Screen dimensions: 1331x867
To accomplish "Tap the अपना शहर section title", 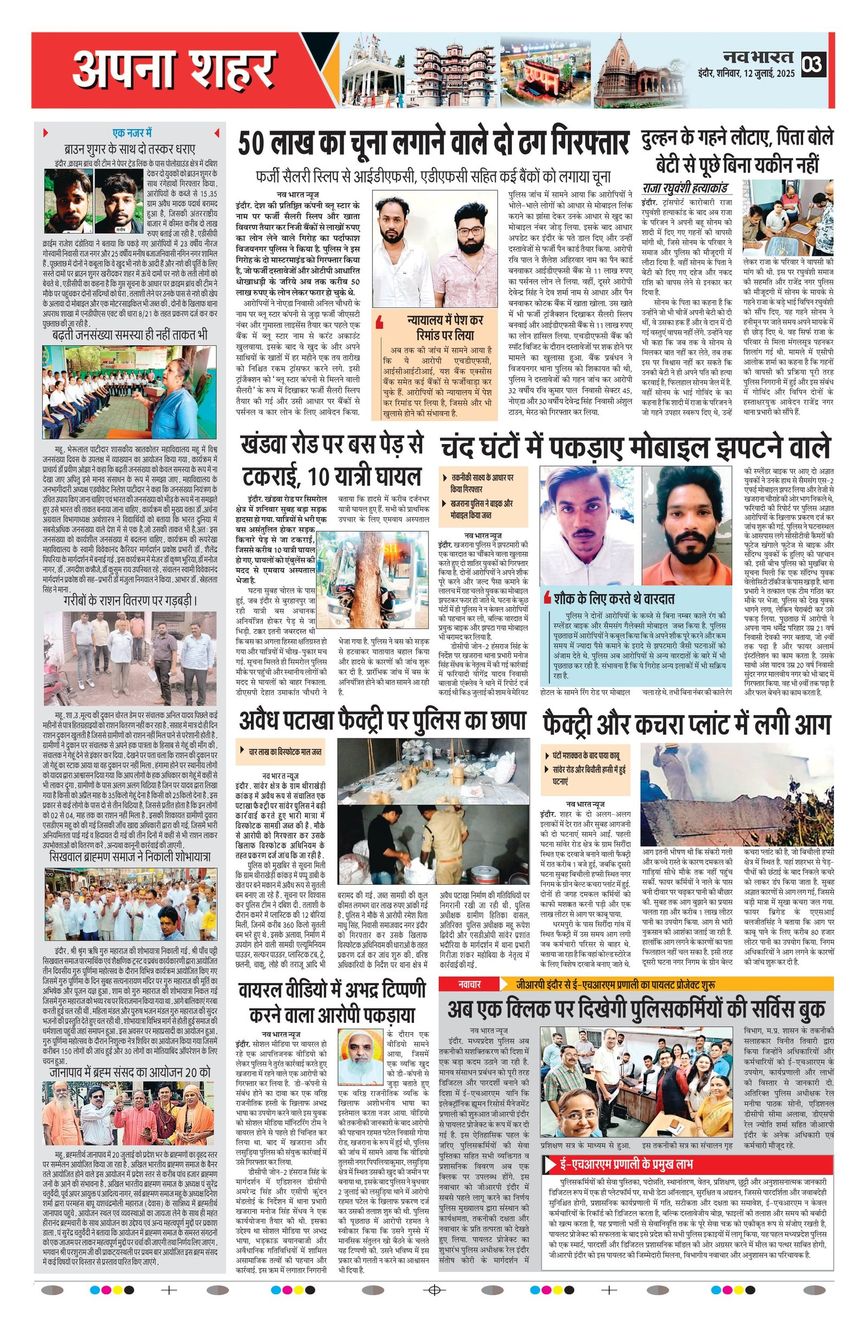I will coord(174,70).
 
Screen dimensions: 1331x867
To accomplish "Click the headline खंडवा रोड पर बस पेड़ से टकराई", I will coord(331,461).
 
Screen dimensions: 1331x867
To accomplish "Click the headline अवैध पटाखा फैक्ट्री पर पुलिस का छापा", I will coord(383,722).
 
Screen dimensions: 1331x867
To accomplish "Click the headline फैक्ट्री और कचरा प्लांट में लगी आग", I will coord(687,725).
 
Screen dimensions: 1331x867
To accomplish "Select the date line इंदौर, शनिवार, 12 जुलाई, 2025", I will coord(746,73).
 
